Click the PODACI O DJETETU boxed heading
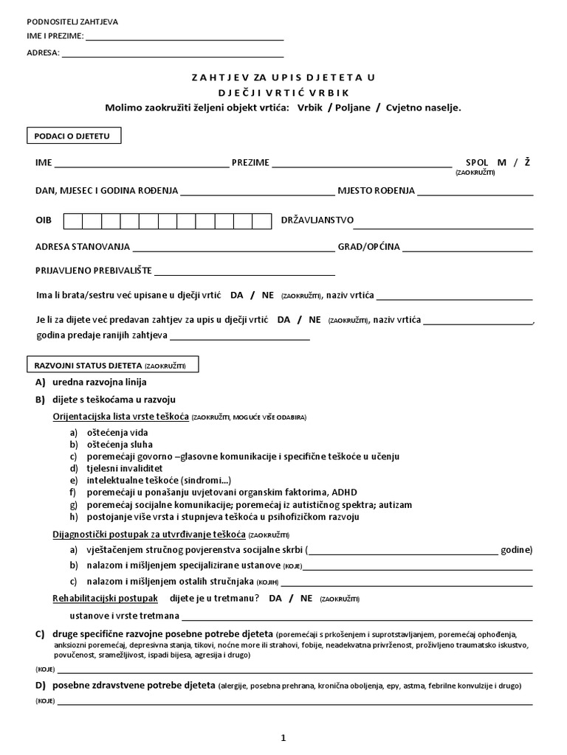[73, 136]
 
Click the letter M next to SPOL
[502, 162]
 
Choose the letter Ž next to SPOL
[527, 162]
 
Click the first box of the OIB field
[73, 220]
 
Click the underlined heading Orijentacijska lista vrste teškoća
[121, 417]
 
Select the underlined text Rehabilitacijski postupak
[106, 598]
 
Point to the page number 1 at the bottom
[283, 737]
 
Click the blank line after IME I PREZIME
[185, 38]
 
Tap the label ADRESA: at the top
[44, 53]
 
